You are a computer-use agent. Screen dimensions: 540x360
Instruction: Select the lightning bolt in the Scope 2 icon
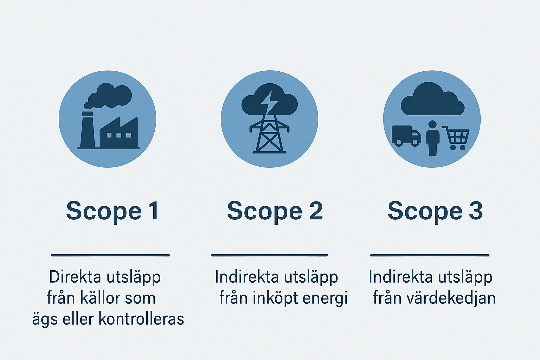tap(270, 102)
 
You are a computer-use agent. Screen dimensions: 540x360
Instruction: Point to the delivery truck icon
tap(406, 136)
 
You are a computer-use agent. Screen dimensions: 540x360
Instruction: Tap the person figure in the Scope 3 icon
tap(432, 139)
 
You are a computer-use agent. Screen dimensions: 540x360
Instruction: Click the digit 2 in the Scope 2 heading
tap(316, 211)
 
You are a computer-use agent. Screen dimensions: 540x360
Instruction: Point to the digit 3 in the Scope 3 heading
tap(476, 211)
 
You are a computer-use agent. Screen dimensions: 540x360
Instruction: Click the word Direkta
tap(75, 277)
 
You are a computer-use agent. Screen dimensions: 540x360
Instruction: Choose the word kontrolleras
tap(141, 319)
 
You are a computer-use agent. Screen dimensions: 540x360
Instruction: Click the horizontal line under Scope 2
tap(270, 255)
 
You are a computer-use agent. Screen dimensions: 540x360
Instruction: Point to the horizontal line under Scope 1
tap(110, 255)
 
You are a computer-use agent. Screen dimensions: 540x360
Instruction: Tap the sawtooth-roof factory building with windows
tap(119, 133)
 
